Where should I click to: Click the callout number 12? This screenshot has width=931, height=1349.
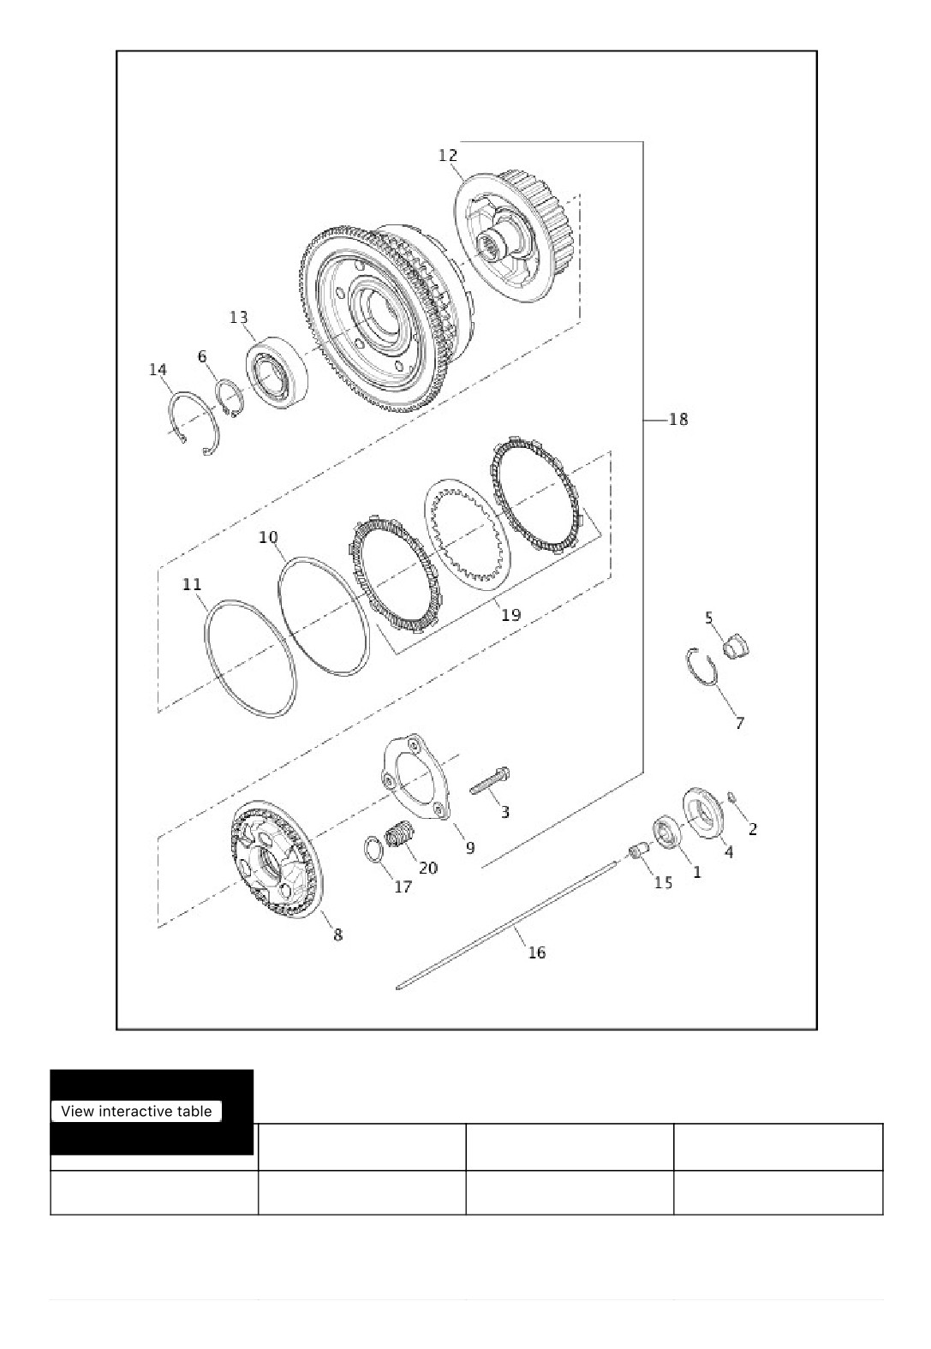(447, 155)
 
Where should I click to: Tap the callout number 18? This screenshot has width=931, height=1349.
(678, 419)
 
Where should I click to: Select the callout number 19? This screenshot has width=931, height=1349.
(510, 615)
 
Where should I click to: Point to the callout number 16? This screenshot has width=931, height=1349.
(536, 952)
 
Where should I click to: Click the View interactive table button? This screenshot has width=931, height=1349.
(136, 1111)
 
